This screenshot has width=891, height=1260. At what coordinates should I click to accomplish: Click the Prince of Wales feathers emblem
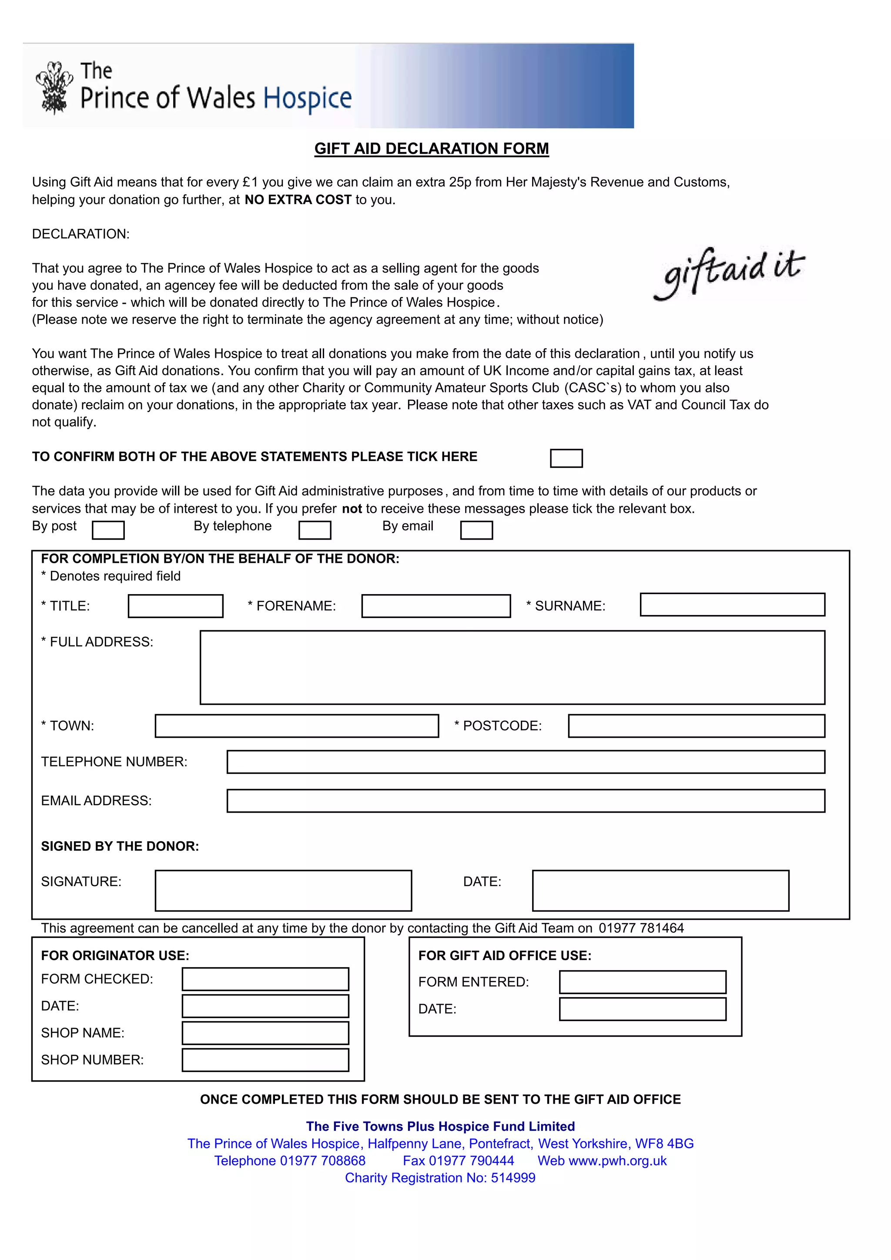(x=54, y=88)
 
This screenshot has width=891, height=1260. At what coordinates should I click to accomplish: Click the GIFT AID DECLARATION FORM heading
(x=431, y=149)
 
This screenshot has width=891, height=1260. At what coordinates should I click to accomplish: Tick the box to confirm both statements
(x=566, y=458)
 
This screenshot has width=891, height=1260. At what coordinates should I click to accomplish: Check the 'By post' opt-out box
(x=108, y=530)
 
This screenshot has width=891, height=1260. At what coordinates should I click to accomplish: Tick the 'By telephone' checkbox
(x=315, y=530)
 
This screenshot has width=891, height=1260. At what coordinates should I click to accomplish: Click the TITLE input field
(x=176, y=606)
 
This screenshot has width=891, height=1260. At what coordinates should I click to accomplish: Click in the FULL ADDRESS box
(x=512, y=667)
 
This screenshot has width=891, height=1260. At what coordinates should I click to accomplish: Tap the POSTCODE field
(x=696, y=726)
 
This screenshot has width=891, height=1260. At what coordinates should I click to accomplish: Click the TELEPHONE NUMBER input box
(x=525, y=762)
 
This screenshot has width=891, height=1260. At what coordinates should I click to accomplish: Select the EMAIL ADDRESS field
(x=525, y=801)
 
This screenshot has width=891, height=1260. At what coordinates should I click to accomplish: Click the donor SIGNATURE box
(x=283, y=890)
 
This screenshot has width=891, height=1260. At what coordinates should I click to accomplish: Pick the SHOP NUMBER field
(x=265, y=1060)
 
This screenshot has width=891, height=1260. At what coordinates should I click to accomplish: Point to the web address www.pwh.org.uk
(x=618, y=1161)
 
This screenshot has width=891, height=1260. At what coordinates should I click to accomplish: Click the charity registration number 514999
(x=513, y=1178)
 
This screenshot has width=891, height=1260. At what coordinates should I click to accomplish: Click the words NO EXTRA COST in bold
(x=298, y=200)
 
